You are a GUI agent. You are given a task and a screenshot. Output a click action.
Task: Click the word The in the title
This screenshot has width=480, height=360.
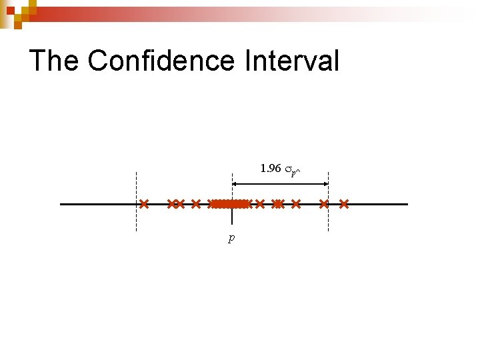click(54, 61)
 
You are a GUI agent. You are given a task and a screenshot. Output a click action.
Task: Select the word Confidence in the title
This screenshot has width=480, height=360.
click(161, 61)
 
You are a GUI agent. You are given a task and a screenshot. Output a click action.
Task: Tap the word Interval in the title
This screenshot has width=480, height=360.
click(291, 61)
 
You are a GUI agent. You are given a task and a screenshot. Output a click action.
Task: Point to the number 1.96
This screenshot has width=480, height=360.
click(270, 169)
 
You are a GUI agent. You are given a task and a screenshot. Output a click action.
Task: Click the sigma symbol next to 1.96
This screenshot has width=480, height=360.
click(289, 170)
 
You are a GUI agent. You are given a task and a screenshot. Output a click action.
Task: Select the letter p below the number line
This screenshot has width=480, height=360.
click(231, 238)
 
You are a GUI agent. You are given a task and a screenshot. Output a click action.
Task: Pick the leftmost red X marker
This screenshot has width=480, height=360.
click(143, 203)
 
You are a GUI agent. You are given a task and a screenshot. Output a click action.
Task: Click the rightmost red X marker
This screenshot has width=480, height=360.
click(344, 203)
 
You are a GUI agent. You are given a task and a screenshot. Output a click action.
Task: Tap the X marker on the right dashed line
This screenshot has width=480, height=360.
click(325, 203)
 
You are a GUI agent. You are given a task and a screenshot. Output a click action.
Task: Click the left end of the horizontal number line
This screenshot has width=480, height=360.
click(62, 204)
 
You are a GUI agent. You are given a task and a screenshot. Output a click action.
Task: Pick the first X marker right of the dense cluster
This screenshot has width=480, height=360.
click(260, 203)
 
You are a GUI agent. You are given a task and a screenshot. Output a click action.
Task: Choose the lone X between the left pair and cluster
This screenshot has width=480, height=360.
click(195, 203)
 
